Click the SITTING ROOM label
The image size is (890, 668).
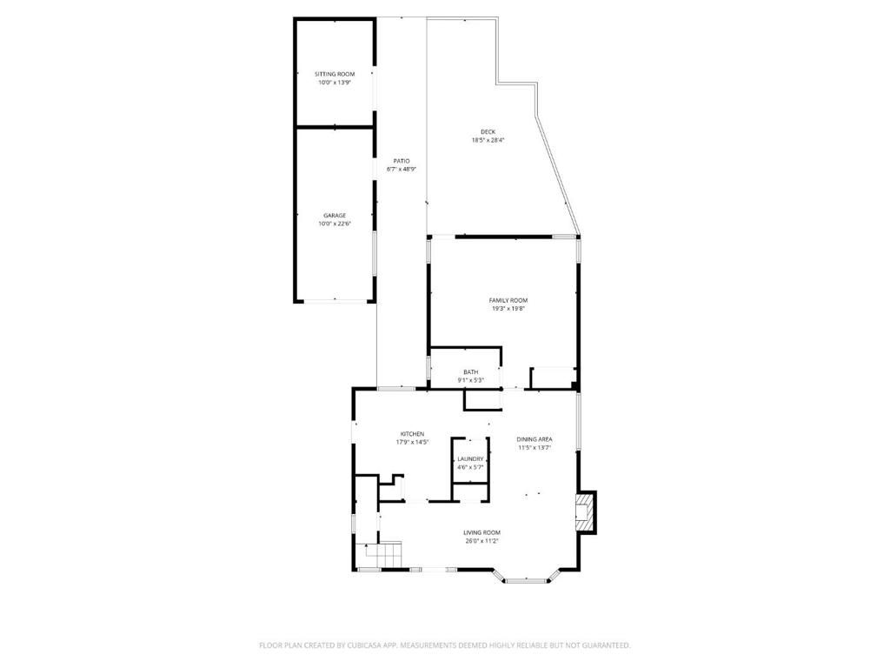click(335, 74)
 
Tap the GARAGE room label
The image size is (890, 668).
click(335, 215)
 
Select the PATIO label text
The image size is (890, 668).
click(401, 161)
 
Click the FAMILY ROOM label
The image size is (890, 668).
click(508, 300)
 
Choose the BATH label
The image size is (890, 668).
click(470, 372)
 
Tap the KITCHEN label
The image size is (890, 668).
click(412, 433)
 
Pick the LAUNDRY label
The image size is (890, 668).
click(470, 458)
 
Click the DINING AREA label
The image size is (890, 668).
click(535, 439)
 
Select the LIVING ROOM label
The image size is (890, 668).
click(482, 532)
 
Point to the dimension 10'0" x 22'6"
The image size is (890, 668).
click(335, 224)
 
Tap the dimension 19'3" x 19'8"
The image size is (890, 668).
click(508, 309)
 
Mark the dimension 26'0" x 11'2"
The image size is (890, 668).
click(482, 541)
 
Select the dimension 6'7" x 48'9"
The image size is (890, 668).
click(401, 170)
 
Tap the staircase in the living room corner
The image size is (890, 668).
click(383, 553)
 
